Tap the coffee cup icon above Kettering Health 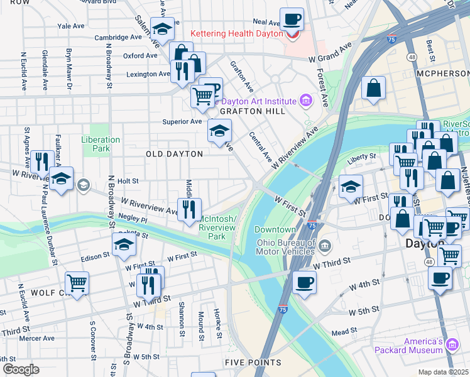pos(291,19)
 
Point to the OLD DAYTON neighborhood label pos(174,154)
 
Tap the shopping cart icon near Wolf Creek pos(77,282)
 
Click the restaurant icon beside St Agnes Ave pos(42,161)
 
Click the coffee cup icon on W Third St pos(304,281)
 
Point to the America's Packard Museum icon pos(452,342)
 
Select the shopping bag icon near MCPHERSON pos(374,89)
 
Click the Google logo pos(20,369)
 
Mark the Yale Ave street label pos(70,26)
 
